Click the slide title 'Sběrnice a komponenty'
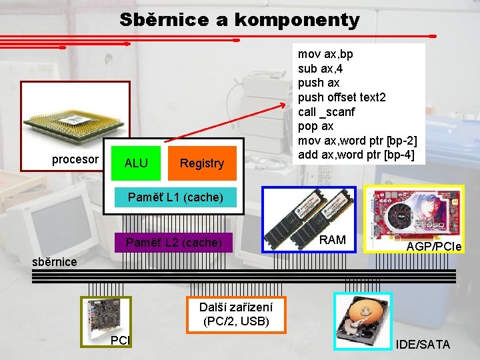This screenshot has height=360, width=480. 239,20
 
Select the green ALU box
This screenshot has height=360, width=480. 136,163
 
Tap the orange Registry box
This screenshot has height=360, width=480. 202,163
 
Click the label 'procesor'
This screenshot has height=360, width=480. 75,160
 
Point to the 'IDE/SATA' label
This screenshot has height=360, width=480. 423,345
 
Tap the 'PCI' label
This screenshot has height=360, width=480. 120,341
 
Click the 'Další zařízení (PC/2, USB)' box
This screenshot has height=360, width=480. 235,315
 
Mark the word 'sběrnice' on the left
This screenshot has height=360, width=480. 55,261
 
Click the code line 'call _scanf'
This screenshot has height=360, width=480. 326,112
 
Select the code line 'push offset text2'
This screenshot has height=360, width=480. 341,97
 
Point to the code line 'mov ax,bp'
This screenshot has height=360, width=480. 325,54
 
